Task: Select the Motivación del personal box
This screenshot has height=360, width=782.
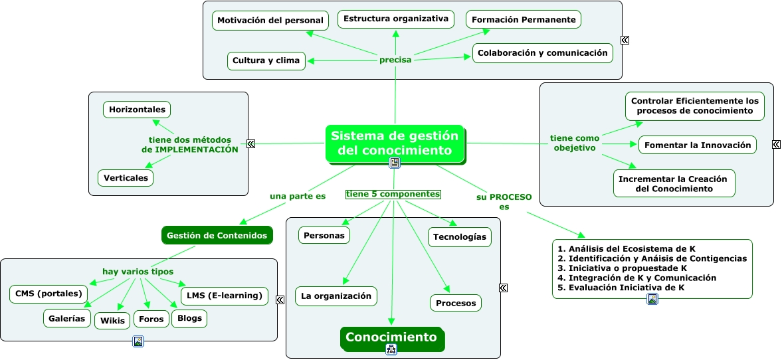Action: coord(270,21)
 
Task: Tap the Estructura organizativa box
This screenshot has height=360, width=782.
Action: coord(395,19)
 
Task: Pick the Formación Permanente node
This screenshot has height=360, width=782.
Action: coord(523,20)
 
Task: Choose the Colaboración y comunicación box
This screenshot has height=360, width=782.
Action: coord(542,53)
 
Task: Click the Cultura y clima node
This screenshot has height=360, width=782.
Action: coord(266,61)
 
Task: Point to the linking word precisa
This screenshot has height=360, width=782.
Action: coord(395,60)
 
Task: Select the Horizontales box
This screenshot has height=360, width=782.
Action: coord(137,110)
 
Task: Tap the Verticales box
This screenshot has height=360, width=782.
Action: coord(126,178)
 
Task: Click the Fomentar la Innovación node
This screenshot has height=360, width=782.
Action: coord(698,145)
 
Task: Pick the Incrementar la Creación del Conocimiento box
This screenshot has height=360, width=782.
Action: coord(673,184)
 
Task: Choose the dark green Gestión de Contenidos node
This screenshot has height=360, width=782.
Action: coord(217,235)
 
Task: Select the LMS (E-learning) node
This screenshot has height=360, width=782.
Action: coord(224,296)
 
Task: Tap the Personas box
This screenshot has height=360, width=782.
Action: coord(324,235)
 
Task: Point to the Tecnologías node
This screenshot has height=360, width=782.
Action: coord(459,237)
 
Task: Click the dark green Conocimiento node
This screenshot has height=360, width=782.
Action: coord(391,337)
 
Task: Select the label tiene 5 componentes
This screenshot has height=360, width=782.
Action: coord(393,195)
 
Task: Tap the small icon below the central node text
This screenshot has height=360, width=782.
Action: coord(395,163)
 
